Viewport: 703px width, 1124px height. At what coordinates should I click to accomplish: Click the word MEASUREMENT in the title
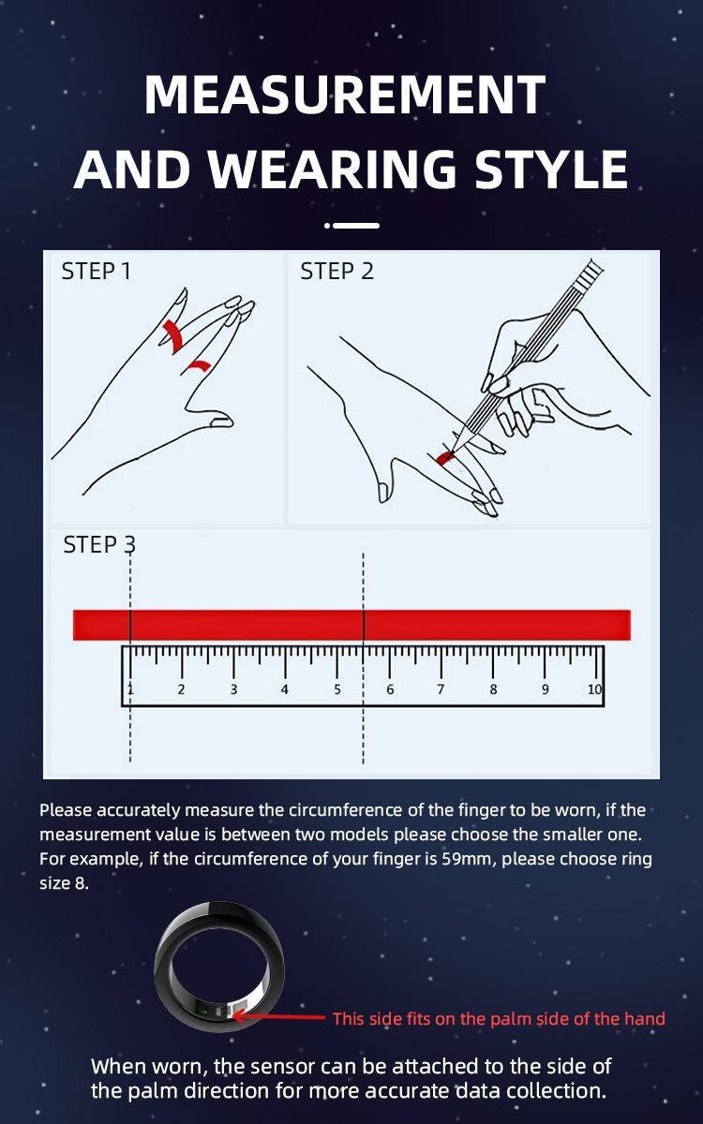pyautogui.click(x=345, y=94)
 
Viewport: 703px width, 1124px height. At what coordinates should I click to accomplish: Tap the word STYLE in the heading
pyautogui.click(x=551, y=169)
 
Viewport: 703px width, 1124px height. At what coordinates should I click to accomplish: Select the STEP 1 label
pyautogui.click(x=96, y=272)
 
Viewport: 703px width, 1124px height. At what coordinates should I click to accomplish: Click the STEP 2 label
pyautogui.click(x=337, y=272)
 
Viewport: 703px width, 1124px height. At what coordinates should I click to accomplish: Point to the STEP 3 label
pyautogui.click(x=99, y=545)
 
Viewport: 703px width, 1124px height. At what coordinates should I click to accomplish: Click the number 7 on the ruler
pyautogui.click(x=441, y=689)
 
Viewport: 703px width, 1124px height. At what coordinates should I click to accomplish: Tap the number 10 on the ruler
pyautogui.click(x=594, y=689)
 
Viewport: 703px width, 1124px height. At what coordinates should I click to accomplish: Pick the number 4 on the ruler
pyautogui.click(x=285, y=689)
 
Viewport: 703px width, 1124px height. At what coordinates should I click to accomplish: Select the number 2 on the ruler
pyautogui.click(x=181, y=689)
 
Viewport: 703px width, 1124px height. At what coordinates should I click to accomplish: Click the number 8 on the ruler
pyautogui.click(x=493, y=689)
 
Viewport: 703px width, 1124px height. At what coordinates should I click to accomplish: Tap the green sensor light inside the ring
pyautogui.click(x=206, y=1013)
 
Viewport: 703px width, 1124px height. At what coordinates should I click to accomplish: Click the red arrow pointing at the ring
pyautogui.click(x=279, y=1017)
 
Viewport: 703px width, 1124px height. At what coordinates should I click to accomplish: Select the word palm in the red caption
pyautogui.click(x=512, y=1019)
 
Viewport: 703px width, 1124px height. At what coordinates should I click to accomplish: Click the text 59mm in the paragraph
pyautogui.click(x=467, y=859)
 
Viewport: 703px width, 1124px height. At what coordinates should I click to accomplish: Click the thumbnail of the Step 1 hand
pyautogui.click(x=221, y=422)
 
